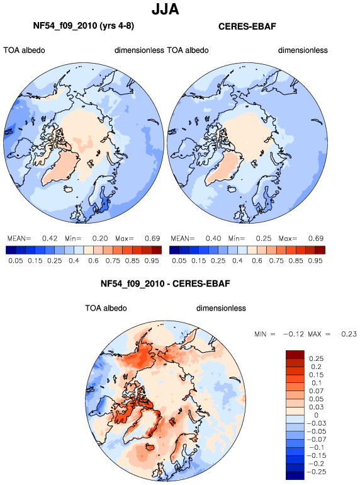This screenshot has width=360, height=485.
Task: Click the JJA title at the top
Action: [166, 9]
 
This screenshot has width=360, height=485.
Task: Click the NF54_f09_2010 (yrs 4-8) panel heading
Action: [84, 26]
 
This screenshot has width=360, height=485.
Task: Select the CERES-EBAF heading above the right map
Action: [247, 26]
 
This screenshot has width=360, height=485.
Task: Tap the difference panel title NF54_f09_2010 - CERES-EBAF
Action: [166, 283]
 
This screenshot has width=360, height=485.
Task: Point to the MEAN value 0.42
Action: [50, 239]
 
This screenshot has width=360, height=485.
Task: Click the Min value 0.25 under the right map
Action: [264, 239]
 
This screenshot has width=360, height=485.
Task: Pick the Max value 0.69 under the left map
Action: [152, 239]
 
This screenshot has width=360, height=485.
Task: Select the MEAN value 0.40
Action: [213, 239]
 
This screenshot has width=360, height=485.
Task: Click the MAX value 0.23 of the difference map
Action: [349, 334]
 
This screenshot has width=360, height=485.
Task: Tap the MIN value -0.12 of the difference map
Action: [293, 334]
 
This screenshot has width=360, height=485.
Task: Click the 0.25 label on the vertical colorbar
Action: [316, 358]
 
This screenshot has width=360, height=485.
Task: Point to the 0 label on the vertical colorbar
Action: [316, 415]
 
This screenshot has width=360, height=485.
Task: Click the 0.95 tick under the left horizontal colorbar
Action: [152, 261]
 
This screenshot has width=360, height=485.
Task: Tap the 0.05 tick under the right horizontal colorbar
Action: [179, 261]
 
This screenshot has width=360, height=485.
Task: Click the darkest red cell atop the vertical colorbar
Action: [295, 355]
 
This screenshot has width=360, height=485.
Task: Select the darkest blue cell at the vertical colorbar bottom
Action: [295, 476]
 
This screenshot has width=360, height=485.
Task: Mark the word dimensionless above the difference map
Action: [221, 308]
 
